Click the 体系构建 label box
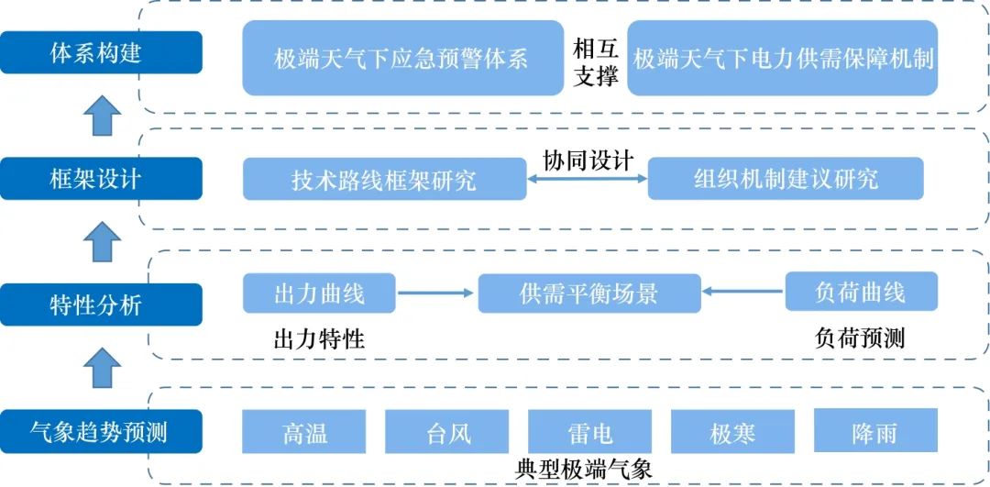coord(101,52)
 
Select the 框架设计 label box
coord(101,178)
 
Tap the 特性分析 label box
coord(101,304)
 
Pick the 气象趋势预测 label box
coord(101,431)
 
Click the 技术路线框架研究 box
coord(384,179)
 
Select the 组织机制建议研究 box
coord(786,179)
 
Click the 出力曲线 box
coord(319,293)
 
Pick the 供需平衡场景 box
coord(589,293)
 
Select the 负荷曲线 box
coord(861,293)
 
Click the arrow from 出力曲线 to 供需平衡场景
coord(436,293)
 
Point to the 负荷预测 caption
coord(860,338)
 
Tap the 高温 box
coord(304,431)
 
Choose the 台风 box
coord(447,431)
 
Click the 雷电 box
coord(590,431)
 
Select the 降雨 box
coord(875,431)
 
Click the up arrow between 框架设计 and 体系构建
coord(101,116)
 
